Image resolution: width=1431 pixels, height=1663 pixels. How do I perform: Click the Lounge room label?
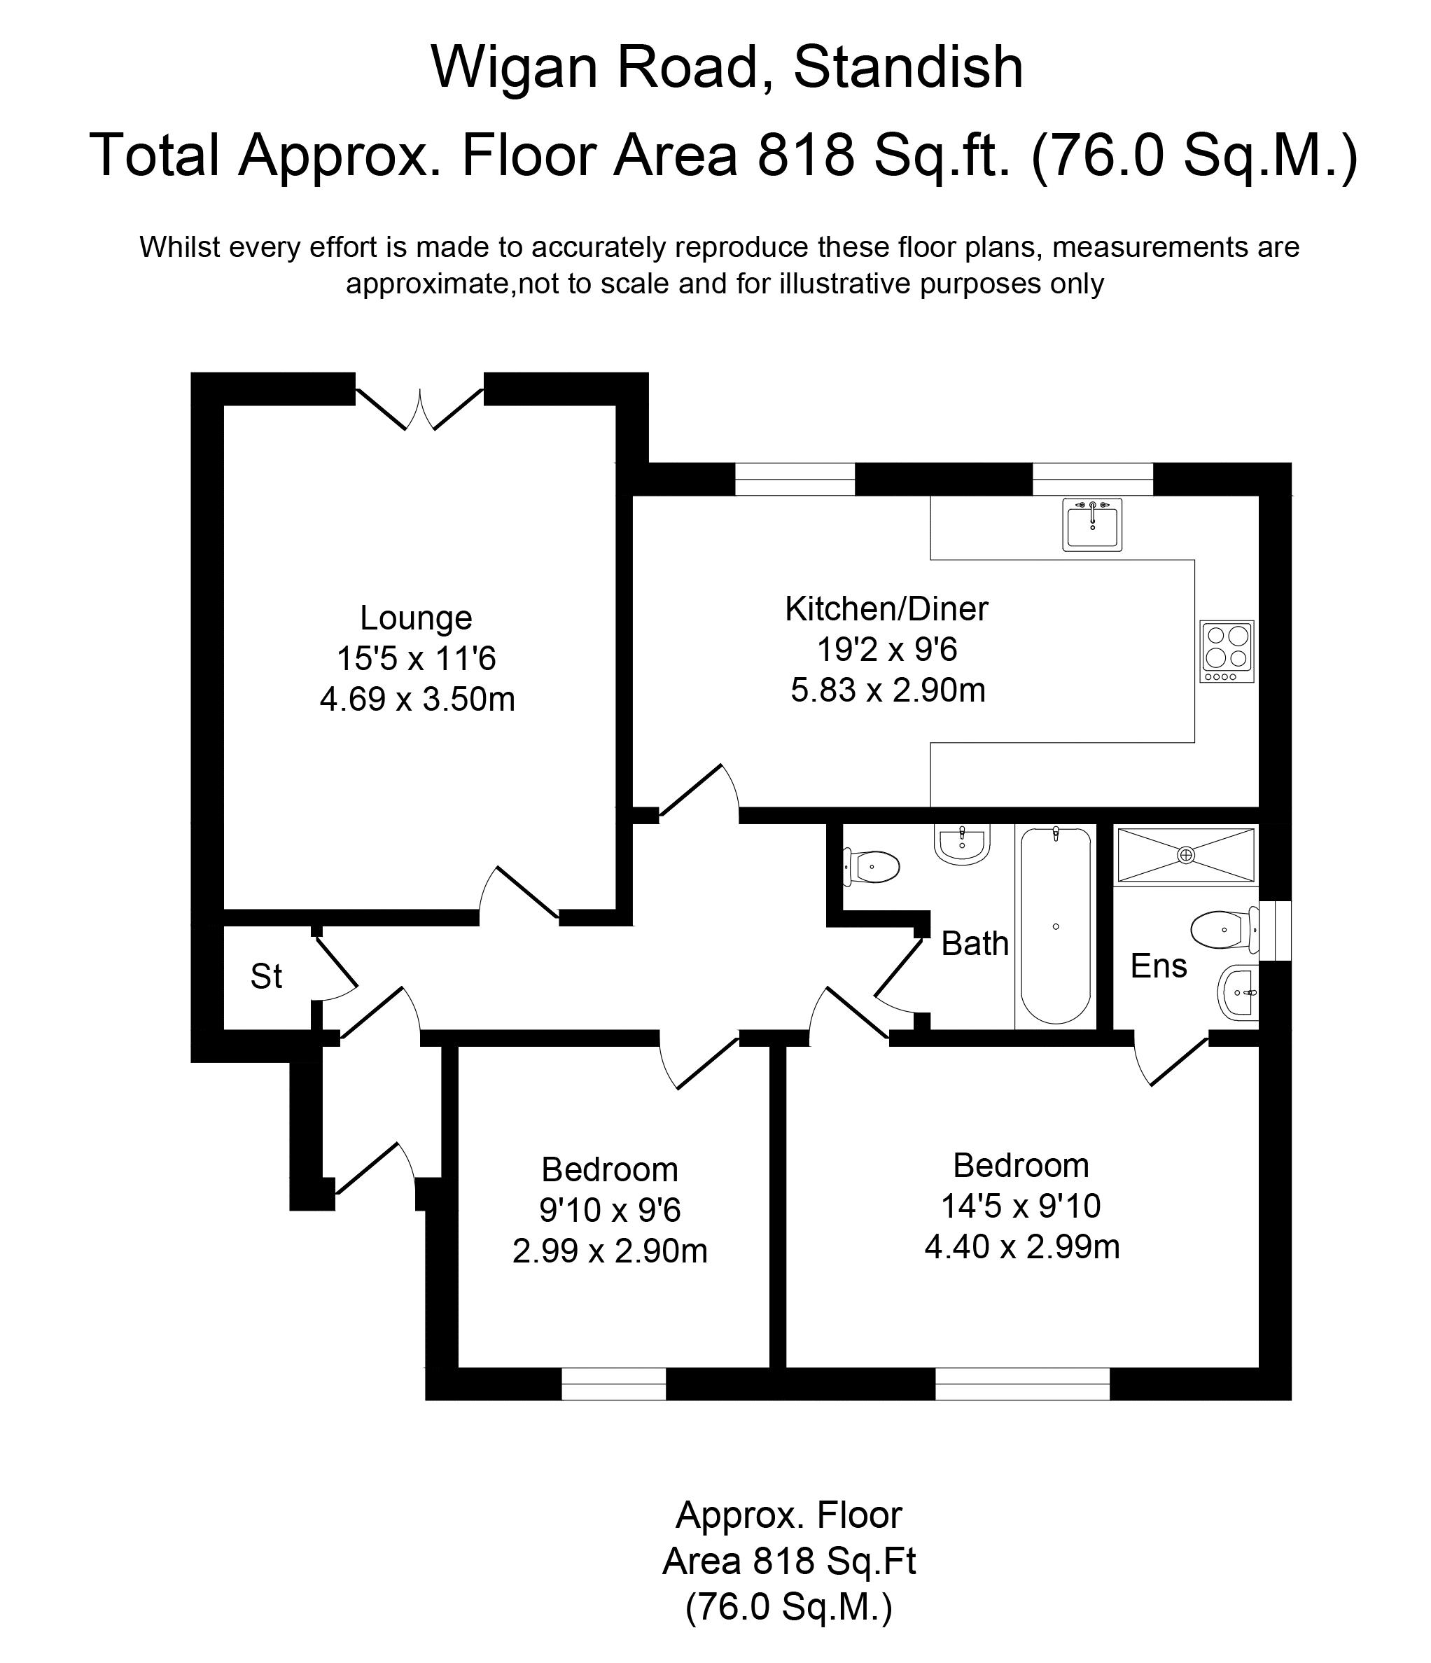pos(416,618)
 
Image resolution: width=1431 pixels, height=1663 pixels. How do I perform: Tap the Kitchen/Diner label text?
pos(886,608)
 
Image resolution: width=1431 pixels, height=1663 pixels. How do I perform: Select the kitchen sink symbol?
pos(1091,524)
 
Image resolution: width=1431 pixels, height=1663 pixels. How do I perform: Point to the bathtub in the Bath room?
pos(1054,926)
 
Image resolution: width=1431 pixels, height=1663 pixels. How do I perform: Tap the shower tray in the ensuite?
pos(1185,856)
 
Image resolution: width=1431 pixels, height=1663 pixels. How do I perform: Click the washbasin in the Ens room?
pos(1238,993)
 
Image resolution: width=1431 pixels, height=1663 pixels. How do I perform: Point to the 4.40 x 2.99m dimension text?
pos(1021,1246)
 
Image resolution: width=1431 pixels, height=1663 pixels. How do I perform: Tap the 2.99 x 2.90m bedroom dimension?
pos(609,1251)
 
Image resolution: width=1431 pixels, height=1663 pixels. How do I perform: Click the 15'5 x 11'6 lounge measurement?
pos(416,658)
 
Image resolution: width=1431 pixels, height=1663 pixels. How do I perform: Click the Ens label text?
pos(1158,966)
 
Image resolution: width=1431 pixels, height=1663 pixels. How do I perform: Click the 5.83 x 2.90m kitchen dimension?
pos(888,690)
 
